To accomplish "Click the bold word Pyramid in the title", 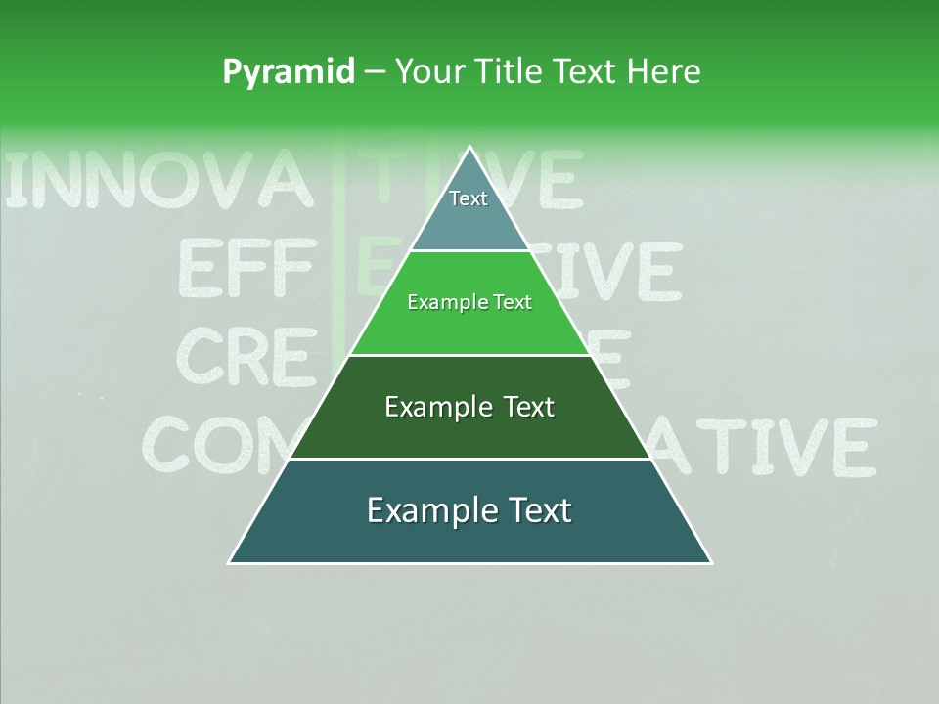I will click(289, 71).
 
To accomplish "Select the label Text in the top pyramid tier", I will click(469, 198).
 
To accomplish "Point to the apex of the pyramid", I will click(469, 149).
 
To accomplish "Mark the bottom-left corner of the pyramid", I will click(230, 562).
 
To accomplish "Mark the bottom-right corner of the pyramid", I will click(710, 562).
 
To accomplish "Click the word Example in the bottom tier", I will click(427, 510).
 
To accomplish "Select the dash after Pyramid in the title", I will click(374, 72).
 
